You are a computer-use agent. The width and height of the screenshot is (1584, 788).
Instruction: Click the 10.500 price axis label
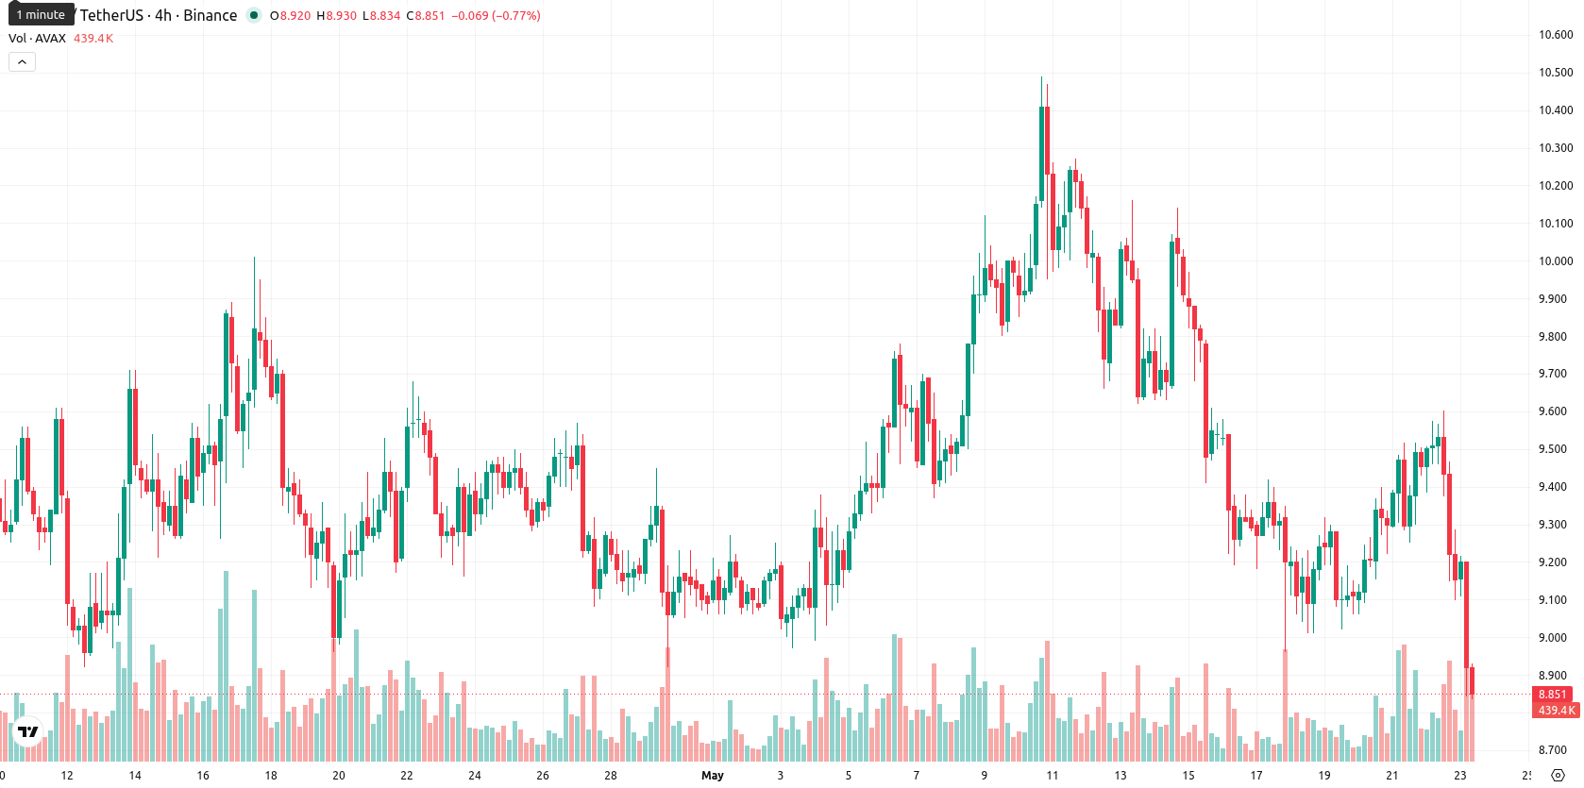coord(1556,72)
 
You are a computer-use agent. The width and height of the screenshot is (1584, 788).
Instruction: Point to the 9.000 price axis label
coord(1556,637)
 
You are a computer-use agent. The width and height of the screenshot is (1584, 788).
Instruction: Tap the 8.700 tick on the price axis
coord(1556,750)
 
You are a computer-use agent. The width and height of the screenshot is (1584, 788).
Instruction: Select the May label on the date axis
coord(712,776)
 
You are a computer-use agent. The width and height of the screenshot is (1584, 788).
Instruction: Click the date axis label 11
coord(1052,776)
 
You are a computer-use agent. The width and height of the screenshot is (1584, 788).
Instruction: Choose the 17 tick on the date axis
coord(1255,776)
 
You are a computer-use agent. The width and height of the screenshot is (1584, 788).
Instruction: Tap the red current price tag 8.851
coord(1555,694)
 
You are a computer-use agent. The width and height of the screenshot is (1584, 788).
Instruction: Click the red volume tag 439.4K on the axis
coord(1555,710)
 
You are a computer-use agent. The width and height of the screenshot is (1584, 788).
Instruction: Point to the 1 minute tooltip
coord(41,14)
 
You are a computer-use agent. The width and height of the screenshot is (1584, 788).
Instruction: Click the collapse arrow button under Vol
coord(22,62)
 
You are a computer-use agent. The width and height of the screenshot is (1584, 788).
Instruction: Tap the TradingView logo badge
coord(27,731)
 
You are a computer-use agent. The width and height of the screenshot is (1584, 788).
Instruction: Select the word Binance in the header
coord(210,15)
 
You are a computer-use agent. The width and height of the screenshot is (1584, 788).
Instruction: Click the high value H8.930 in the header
coord(337,15)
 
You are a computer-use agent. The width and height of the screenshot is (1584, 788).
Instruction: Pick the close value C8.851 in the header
coord(425,15)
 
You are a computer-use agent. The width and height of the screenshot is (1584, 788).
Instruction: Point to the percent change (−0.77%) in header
coord(516,15)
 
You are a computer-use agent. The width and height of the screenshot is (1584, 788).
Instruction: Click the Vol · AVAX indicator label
coord(37,38)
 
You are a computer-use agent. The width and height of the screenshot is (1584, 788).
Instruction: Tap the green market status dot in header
coord(254,15)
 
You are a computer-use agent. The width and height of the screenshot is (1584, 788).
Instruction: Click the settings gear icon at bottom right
coord(1558,776)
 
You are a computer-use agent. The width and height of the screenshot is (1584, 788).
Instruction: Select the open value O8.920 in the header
coord(290,15)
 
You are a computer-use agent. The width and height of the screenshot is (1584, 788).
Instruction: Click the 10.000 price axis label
coord(1556,260)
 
